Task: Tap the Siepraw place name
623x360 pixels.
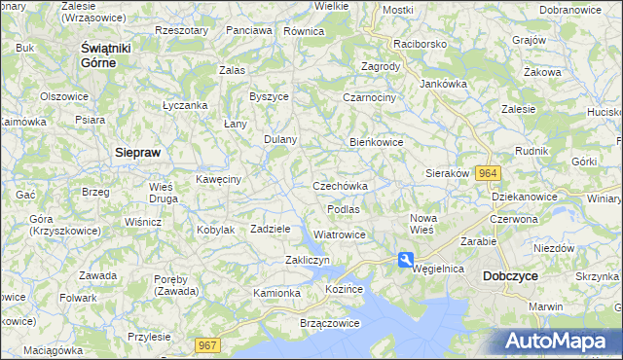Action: pos(137,153)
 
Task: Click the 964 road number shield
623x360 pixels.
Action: pos(489,172)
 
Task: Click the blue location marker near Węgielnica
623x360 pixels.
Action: pos(405,259)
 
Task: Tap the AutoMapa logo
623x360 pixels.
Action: pos(557,342)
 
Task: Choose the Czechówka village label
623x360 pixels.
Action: pos(340,186)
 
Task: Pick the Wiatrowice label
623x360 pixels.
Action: pos(340,234)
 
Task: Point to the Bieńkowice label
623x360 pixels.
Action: pos(377,142)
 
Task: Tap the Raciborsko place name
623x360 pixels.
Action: pos(419,44)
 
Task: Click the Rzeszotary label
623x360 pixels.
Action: pos(181,30)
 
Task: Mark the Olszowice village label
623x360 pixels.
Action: pos(64,96)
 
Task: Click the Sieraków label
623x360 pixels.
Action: pos(448,173)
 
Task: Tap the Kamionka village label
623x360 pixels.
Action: pos(276,292)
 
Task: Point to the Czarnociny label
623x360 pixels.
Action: pos(369,97)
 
